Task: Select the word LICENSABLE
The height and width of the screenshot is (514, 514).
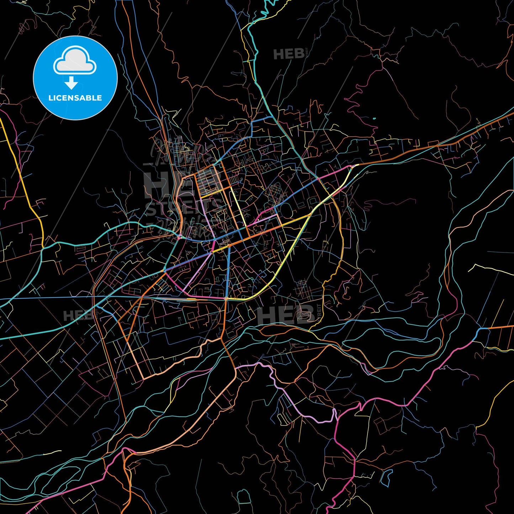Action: (x=75, y=98)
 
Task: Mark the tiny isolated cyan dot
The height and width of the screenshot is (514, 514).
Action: (x=374, y=118)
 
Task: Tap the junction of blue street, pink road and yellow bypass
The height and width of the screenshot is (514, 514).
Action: (x=227, y=298)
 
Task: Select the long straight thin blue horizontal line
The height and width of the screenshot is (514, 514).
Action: (x=71, y=297)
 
